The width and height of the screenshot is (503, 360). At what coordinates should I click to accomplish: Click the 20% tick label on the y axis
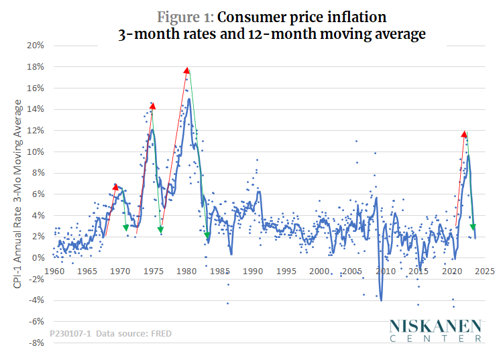(35, 46)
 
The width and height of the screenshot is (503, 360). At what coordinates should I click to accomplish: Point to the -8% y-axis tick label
(36, 343)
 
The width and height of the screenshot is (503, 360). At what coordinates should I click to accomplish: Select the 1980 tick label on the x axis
(186, 271)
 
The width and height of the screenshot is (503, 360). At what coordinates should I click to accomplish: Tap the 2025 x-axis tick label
(484, 271)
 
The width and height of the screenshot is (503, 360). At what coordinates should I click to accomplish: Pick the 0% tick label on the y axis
(38, 257)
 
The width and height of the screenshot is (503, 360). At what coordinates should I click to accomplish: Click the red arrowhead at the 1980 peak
(186, 70)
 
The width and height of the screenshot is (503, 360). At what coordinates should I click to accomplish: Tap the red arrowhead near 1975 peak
(152, 105)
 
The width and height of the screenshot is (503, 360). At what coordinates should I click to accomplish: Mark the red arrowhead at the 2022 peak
(464, 134)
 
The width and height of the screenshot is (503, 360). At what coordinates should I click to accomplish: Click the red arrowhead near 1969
(115, 186)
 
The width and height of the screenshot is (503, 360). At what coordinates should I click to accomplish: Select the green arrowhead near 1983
(208, 235)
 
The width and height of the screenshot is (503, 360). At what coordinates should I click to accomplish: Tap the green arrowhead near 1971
(126, 228)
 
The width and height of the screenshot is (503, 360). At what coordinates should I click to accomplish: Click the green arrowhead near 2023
(473, 228)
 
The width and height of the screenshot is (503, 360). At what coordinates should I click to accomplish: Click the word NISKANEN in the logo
(435, 326)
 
